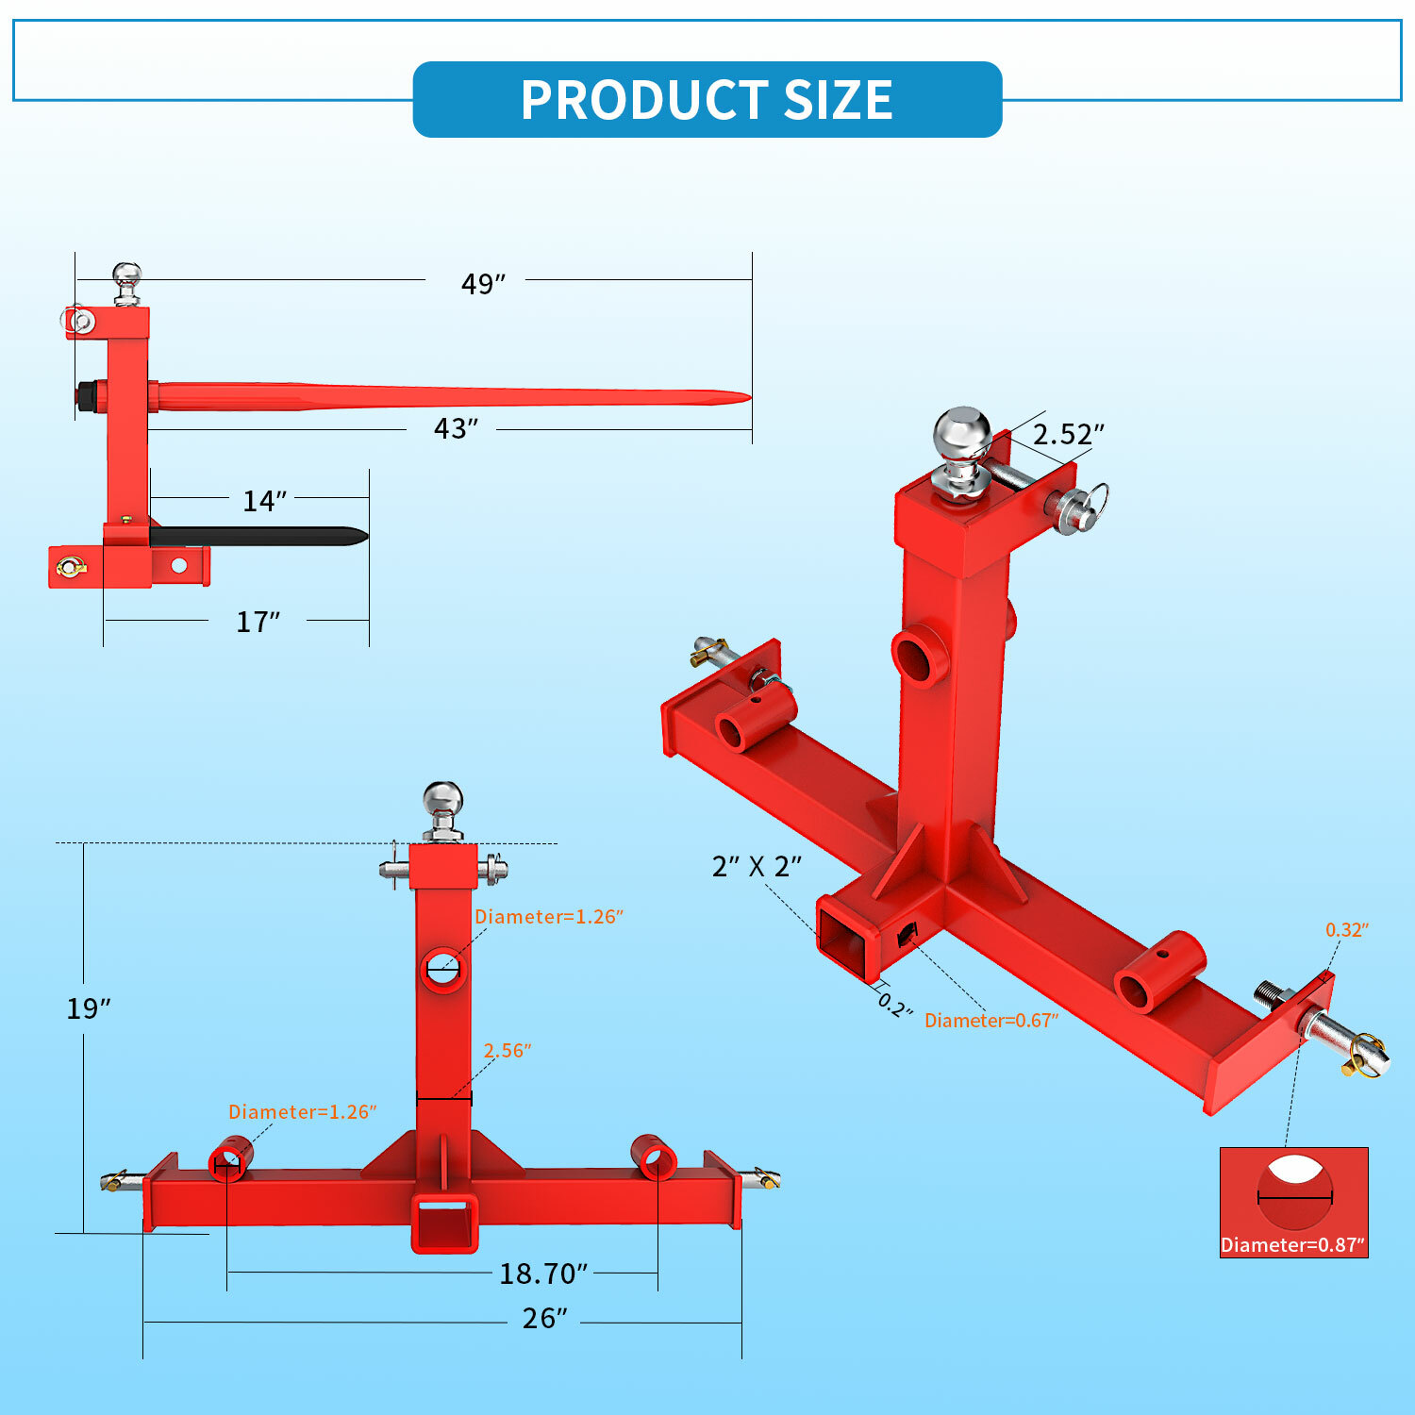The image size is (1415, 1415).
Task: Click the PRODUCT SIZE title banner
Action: pos(707,99)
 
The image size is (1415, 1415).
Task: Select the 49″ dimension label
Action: pos(482,283)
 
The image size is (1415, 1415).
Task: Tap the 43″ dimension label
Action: pos(455,428)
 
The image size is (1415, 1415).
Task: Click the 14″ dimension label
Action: pos(263,501)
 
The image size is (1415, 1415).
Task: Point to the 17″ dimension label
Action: pos(257,622)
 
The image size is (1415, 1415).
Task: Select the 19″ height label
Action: pos(88,1008)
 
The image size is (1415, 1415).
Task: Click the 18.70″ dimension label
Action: pos(542,1273)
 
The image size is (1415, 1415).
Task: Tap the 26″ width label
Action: pos(544,1318)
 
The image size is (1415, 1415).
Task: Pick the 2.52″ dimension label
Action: pos(1067,434)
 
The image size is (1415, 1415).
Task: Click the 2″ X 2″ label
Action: pos(756,866)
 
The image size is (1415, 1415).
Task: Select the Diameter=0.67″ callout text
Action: pos(990,1020)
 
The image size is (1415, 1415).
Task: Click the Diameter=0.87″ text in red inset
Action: pos(1292,1244)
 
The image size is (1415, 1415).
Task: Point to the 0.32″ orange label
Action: pos(1346,929)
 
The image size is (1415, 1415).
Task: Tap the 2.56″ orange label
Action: pos(507,1050)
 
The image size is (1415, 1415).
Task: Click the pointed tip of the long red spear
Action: pos(745,396)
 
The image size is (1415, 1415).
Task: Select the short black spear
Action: pos(259,536)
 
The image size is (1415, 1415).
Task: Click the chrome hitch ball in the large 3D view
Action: pos(962,436)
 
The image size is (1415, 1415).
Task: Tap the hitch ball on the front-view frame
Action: pos(442,801)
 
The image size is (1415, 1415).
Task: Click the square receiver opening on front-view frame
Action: pos(442,1223)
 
